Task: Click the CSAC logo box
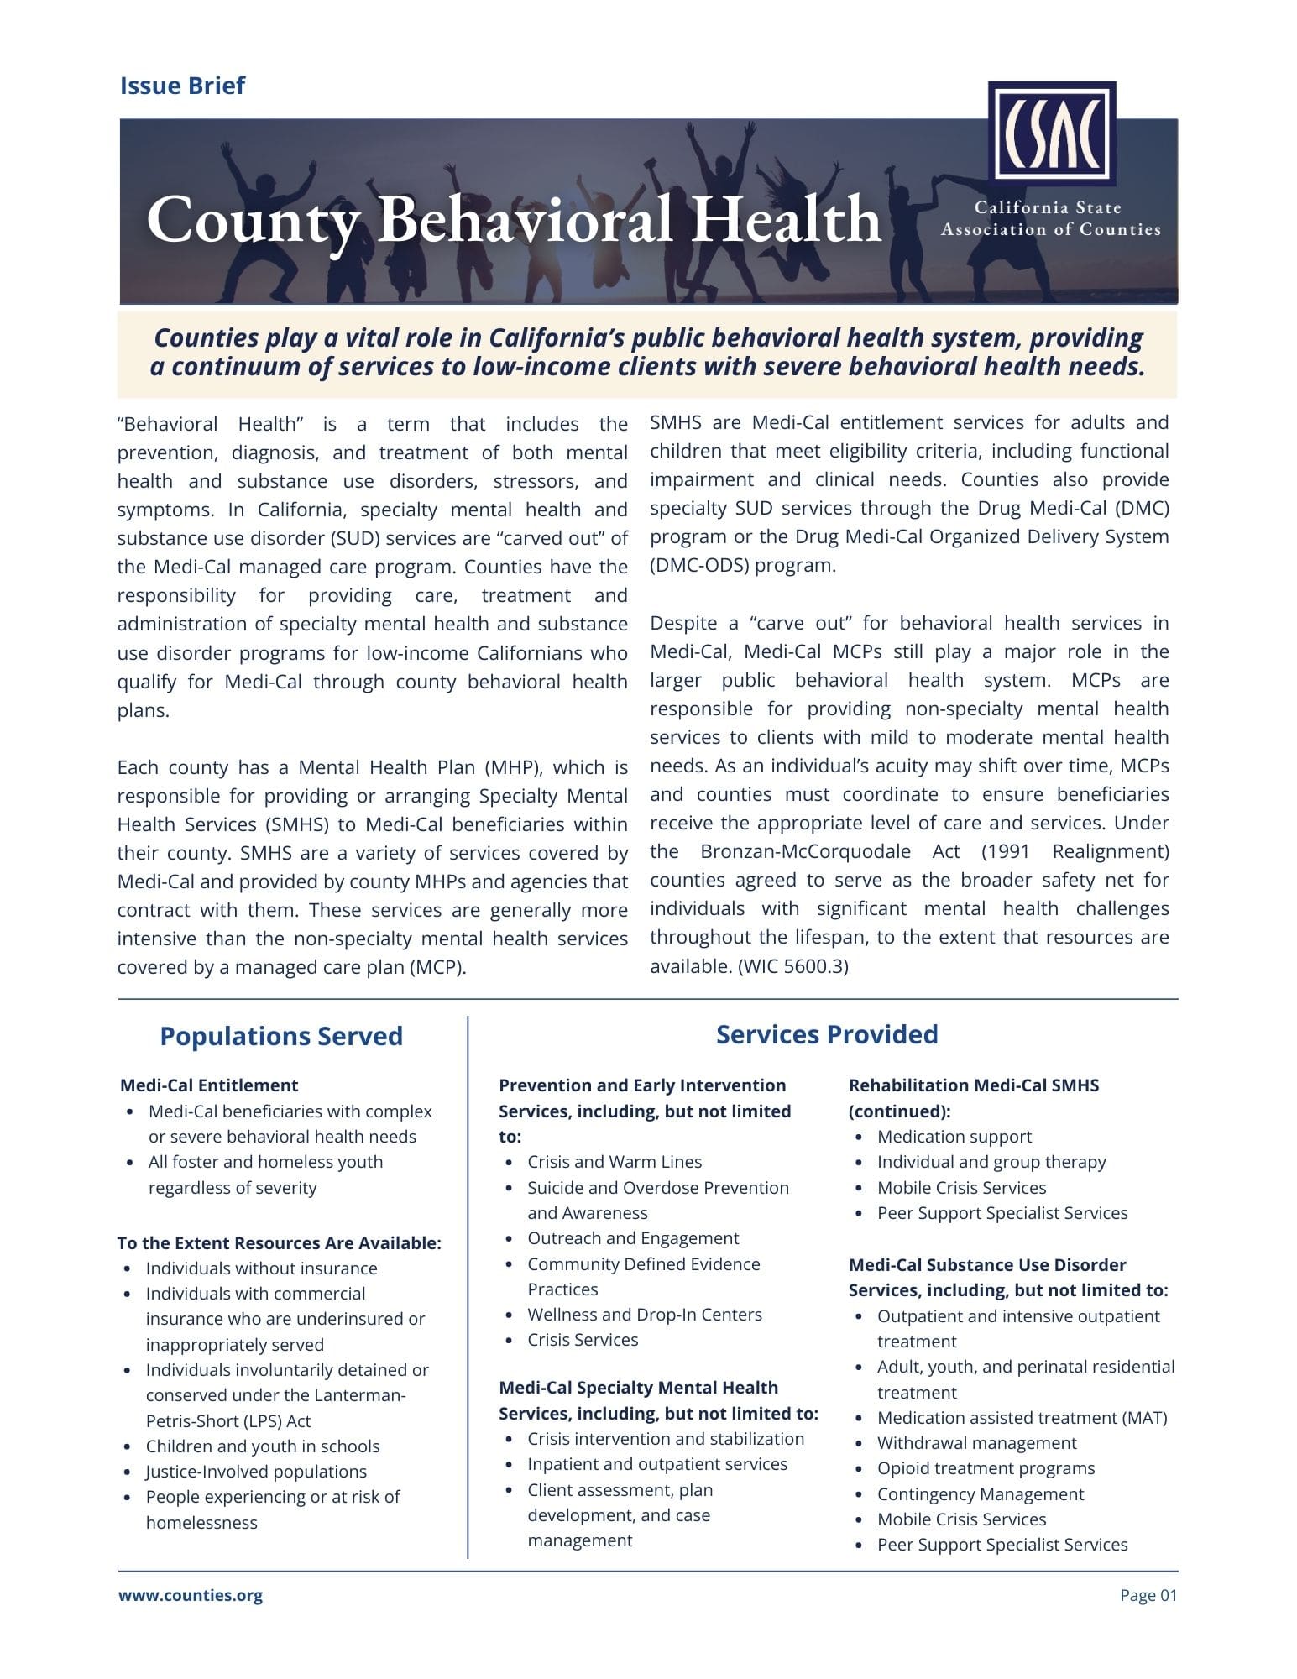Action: tap(1051, 132)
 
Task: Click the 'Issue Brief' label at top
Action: tap(182, 86)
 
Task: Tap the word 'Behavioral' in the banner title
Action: tap(526, 219)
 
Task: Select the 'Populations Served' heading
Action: tap(281, 1036)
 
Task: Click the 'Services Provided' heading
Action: tap(827, 1034)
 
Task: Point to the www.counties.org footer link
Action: tap(191, 1595)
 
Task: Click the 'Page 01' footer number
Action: tap(1148, 1595)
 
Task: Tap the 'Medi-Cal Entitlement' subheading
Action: tap(209, 1085)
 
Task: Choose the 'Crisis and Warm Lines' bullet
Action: tap(615, 1162)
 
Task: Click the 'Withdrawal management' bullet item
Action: tap(976, 1443)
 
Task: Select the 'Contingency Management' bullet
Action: tap(981, 1494)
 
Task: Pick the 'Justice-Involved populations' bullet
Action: tap(256, 1472)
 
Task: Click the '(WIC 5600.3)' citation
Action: tap(793, 966)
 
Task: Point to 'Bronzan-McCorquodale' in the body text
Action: tap(805, 851)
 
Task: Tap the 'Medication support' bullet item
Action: tap(954, 1137)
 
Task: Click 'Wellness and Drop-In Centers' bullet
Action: tap(645, 1315)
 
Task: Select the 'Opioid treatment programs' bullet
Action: tap(986, 1468)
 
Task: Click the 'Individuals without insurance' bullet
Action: tap(261, 1268)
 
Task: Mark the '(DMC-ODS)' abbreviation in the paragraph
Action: tap(698, 565)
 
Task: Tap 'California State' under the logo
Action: tap(1048, 207)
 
